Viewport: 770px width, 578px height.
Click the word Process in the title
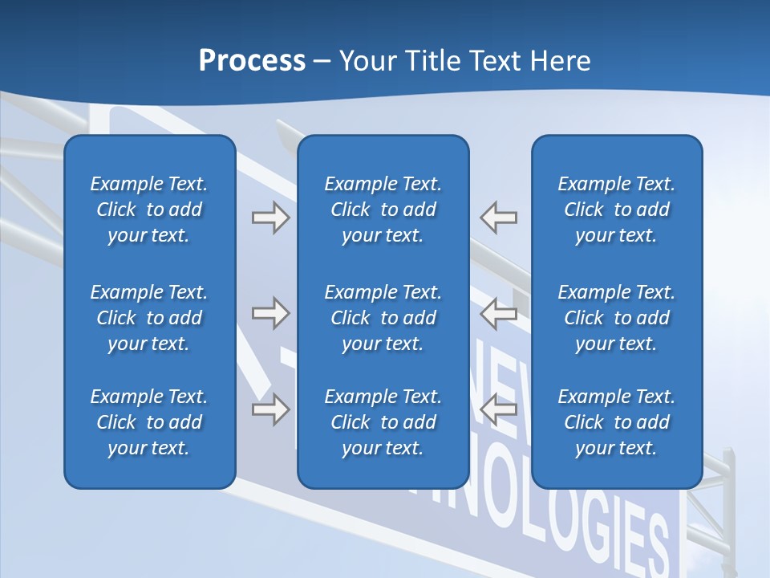point(252,61)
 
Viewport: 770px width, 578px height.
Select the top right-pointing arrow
point(270,218)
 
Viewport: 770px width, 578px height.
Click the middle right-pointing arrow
point(270,313)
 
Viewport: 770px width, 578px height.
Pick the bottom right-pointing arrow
point(270,409)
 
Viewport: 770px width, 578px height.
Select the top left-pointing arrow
point(499,218)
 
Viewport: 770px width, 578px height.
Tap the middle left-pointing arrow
point(499,313)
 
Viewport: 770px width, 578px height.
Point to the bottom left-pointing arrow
point(499,409)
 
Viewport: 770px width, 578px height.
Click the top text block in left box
point(149,210)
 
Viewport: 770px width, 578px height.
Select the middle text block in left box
point(149,318)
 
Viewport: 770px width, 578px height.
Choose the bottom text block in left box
point(149,422)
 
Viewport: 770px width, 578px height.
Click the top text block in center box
point(383,210)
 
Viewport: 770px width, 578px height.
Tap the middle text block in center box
point(383,318)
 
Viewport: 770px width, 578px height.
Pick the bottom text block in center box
point(383,422)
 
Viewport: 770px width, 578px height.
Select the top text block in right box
point(616,210)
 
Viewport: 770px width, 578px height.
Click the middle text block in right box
point(616,318)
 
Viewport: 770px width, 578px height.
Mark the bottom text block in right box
point(616,422)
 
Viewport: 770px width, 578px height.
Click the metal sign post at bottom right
point(728,514)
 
